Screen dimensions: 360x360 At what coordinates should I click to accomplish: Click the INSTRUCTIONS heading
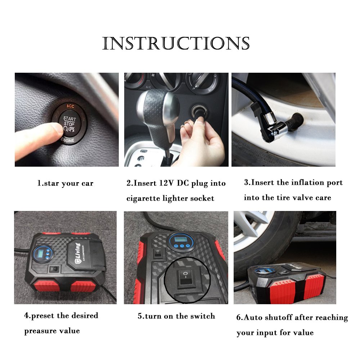coord(176,43)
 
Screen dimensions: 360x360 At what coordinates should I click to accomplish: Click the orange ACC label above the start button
coord(71,106)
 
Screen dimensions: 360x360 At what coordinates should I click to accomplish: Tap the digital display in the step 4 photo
coord(40,253)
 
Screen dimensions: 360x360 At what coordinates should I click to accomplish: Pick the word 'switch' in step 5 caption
coord(203,316)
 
